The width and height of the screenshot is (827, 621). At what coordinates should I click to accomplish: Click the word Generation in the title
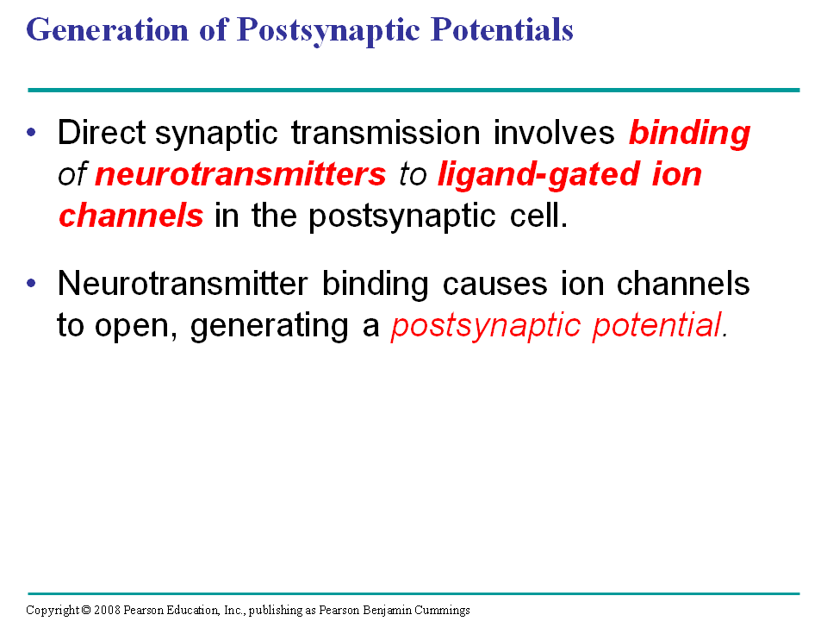tap(107, 29)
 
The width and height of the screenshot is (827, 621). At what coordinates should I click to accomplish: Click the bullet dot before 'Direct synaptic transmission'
tap(32, 132)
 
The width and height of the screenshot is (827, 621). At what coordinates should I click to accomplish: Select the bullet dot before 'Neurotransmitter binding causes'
tap(32, 283)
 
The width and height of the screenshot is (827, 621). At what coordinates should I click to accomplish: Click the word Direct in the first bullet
tap(102, 132)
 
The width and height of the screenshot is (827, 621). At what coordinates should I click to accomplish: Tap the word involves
tap(554, 132)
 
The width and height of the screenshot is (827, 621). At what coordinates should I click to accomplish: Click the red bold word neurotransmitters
tap(240, 174)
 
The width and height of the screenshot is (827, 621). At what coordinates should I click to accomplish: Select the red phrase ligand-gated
tap(538, 175)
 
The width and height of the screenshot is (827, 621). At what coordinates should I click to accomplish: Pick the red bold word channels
tap(131, 216)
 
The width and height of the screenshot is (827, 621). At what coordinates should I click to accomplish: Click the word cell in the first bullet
tap(538, 216)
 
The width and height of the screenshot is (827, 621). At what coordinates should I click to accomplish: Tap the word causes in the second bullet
tap(494, 284)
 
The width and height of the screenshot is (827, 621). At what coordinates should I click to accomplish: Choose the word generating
tap(269, 326)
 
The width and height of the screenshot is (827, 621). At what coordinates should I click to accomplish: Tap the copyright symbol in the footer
tap(86, 611)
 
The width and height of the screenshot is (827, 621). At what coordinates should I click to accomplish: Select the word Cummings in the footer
tap(442, 611)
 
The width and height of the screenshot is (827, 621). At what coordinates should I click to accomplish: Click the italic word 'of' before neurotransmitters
tap(72, 174)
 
